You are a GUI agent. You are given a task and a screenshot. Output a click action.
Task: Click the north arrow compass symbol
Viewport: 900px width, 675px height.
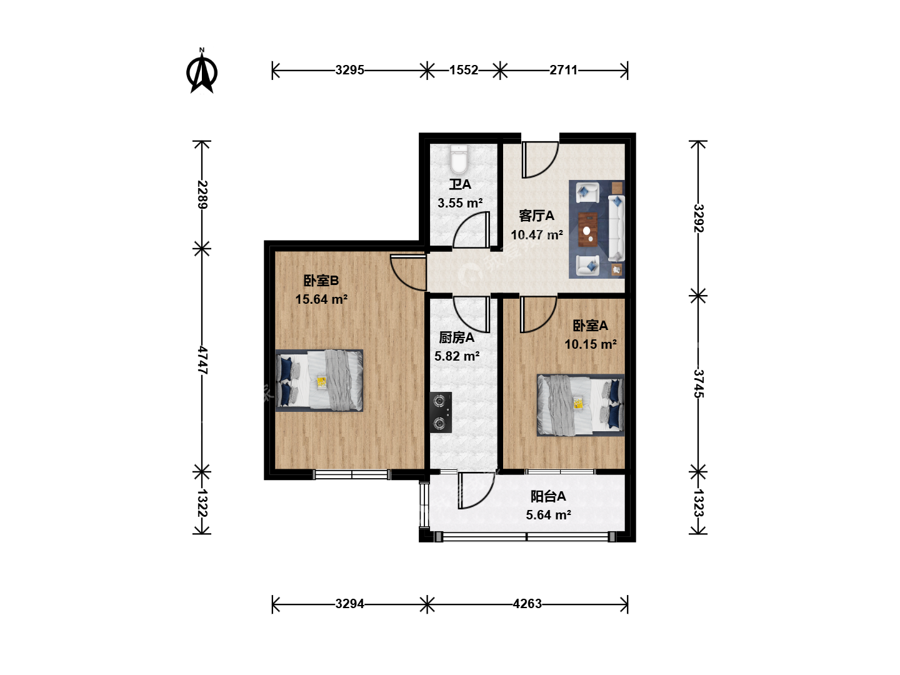point(202,72)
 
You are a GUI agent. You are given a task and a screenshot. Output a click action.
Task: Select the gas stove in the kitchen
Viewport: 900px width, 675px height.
point(441,412)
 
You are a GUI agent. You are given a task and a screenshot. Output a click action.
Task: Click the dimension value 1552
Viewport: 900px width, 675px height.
point(464,70)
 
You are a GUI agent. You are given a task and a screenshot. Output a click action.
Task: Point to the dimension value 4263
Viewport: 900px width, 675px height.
point(527,604)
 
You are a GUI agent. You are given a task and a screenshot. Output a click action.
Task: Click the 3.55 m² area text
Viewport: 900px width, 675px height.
point(460,203)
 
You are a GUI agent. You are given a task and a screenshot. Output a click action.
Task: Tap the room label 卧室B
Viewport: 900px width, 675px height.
point(321,281)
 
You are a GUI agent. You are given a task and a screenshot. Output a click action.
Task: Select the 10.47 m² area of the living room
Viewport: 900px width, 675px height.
point(537,235)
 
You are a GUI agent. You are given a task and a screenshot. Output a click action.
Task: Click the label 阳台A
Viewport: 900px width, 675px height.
point(548,496)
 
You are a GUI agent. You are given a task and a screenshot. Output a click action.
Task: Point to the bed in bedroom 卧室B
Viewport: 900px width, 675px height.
point(319,381)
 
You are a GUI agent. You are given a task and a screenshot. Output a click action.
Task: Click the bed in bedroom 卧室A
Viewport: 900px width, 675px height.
point(581,405)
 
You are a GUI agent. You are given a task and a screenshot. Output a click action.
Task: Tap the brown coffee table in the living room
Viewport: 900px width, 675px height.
point(588,229)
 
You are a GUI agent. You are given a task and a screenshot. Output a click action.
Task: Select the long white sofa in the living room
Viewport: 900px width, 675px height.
point(616,228)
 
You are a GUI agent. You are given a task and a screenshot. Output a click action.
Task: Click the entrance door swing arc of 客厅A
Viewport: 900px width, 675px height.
point(541,159)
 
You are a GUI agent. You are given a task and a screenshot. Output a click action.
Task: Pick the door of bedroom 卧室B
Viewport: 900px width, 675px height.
point(407,272)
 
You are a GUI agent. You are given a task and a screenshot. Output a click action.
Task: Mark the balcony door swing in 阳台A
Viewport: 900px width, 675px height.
point(476,491)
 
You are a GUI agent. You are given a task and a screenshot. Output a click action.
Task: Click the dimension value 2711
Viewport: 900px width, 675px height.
point(563,70)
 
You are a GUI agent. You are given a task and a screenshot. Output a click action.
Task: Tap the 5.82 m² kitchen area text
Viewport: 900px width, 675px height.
point(457,356)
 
